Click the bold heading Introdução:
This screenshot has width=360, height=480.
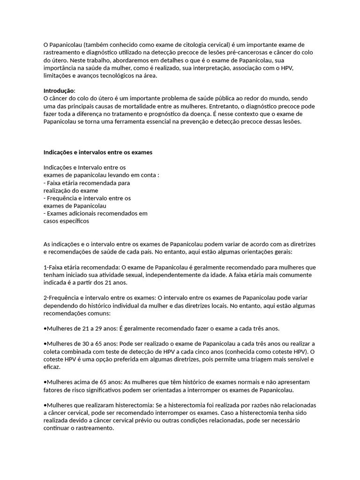pyautogui.click(x=59, y=90)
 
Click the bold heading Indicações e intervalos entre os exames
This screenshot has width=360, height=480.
pyautogui.click(x=97, y=152)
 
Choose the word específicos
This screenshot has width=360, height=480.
pyautogui.click(x=74, y=221)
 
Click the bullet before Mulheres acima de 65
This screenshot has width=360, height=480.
pyautogui.click(x=45, y=382)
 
